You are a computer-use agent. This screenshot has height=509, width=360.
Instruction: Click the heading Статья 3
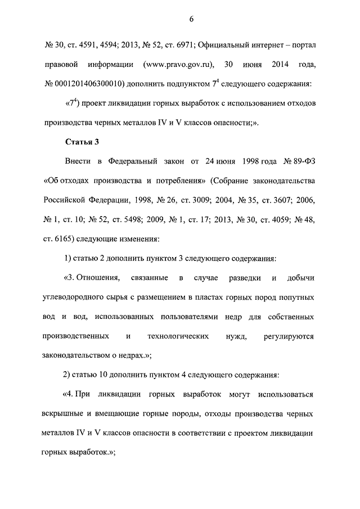coord(82,141)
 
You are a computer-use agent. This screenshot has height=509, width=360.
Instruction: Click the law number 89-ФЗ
coord(302,163)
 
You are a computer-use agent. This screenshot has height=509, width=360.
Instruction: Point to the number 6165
coord(68,239)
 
